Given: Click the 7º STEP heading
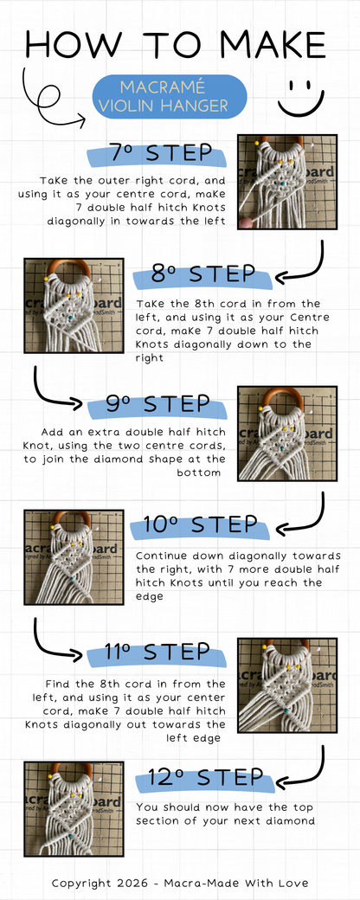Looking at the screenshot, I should point(162,154).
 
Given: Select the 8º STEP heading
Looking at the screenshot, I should point(203,275).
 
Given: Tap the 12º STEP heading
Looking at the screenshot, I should point(205,776).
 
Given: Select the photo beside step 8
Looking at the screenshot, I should point(74,306).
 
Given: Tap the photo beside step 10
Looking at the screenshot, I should point(74,557).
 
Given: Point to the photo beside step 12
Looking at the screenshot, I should point(74,808).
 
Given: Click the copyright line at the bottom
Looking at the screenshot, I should point(179,883).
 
